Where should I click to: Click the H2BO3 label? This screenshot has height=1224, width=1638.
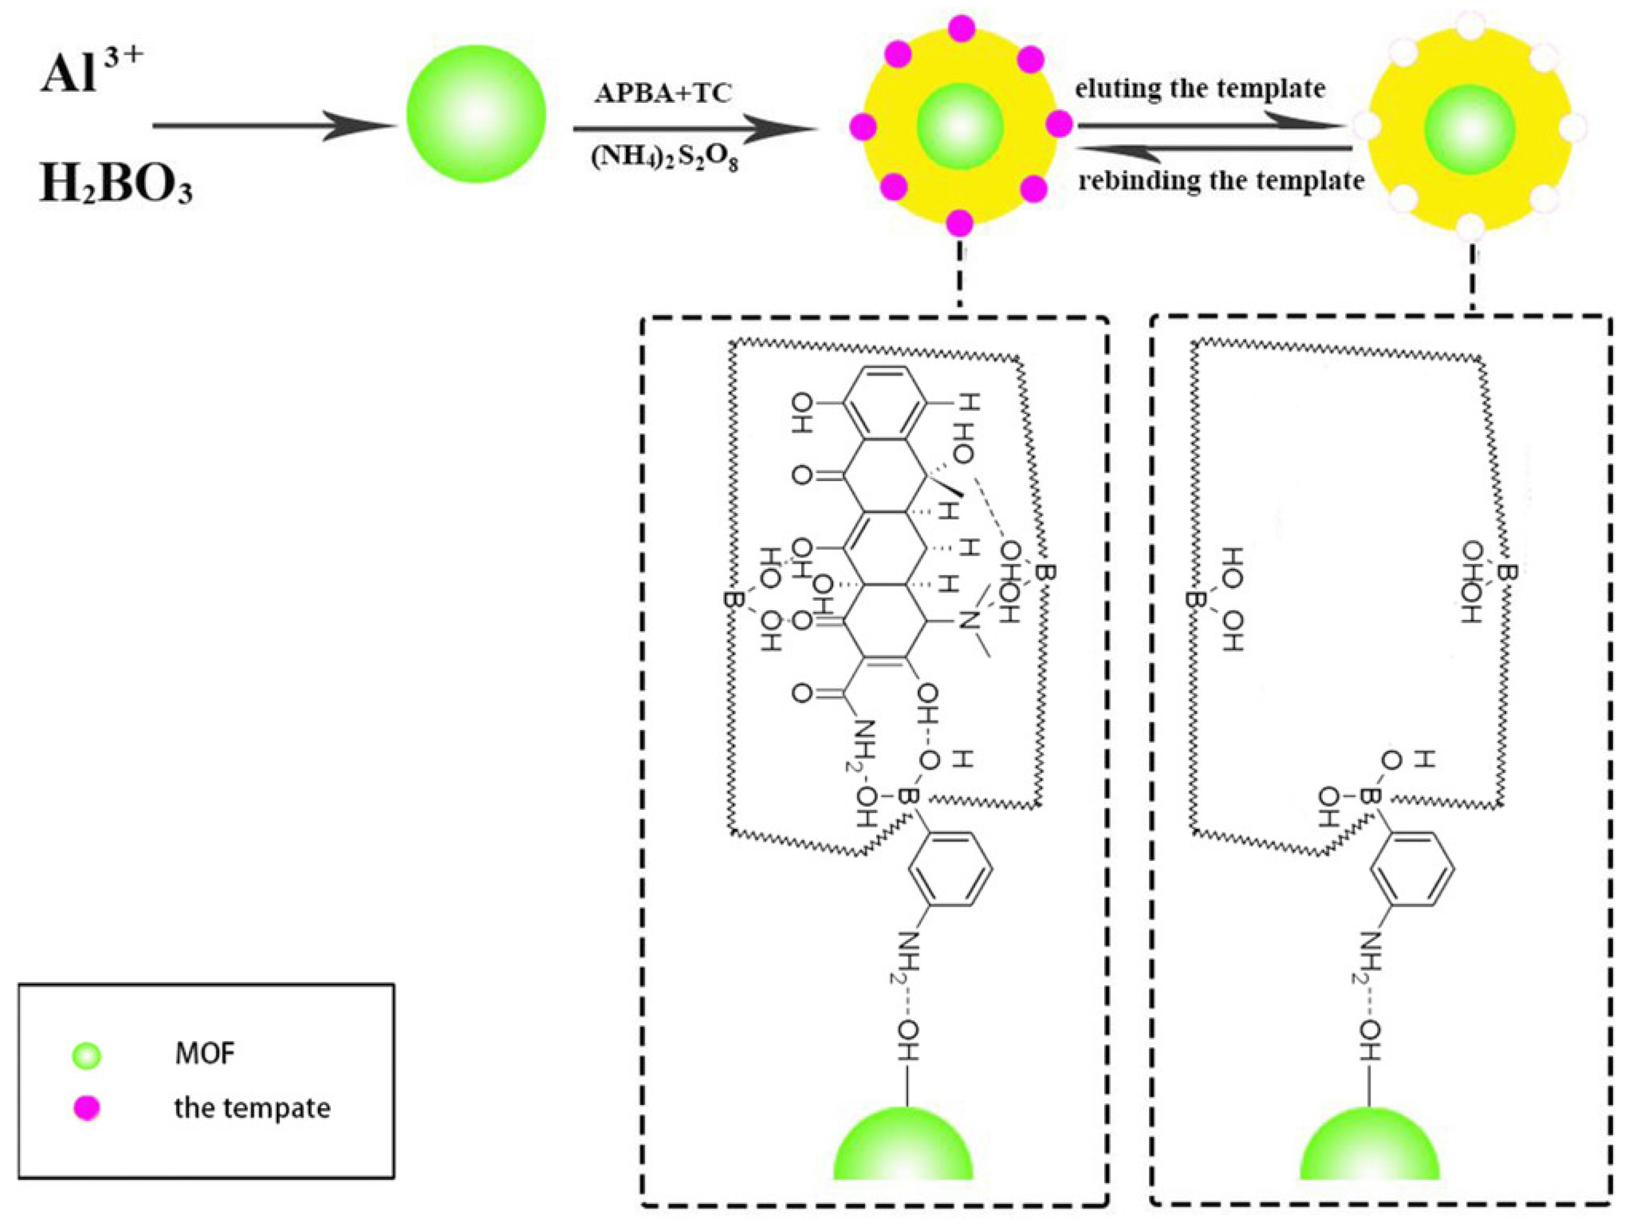pos(116,184)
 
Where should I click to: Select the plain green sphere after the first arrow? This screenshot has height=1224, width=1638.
pos(476,114)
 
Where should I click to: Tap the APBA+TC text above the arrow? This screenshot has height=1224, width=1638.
pos(663,93)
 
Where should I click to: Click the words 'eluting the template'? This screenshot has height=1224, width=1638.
pos(1200,89)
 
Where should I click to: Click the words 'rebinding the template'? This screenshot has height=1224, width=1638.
pos(1221,180)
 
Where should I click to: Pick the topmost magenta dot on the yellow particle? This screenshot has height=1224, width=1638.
pos(961,28)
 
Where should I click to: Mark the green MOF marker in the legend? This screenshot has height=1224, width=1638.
pos(87,1056)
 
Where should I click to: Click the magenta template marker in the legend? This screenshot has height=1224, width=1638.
pos(87,1108)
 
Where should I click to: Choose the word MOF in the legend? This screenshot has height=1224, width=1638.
pos(205,1054)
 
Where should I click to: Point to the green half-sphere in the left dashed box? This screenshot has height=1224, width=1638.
pos(904,1146)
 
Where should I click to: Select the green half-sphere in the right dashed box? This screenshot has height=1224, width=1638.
pos(1369,1146)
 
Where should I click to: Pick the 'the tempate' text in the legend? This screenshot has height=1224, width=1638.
pos(253,1108)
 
